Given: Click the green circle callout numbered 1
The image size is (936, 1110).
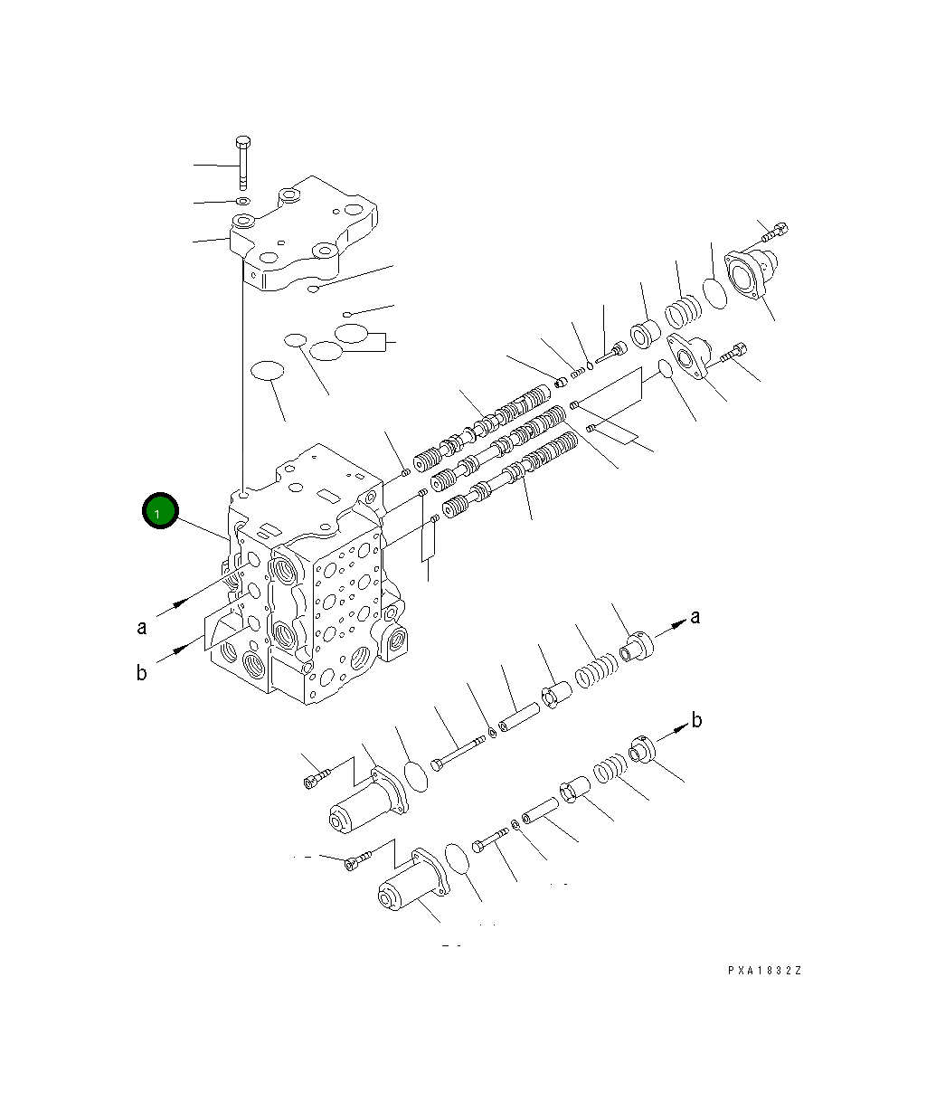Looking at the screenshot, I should pos(159,512).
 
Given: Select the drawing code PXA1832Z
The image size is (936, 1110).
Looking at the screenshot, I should pos(765,971).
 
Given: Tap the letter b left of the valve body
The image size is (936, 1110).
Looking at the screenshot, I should pos(142,674).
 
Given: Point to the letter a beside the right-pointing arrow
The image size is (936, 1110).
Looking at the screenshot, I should pos(695,617).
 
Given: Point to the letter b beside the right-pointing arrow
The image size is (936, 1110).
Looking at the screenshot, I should pos(696,720).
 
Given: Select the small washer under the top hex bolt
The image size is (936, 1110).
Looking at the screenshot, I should pos(242,200).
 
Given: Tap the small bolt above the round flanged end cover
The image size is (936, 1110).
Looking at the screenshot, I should pos(774,231).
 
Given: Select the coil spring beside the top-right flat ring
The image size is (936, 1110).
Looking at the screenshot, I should pos(683,312).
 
